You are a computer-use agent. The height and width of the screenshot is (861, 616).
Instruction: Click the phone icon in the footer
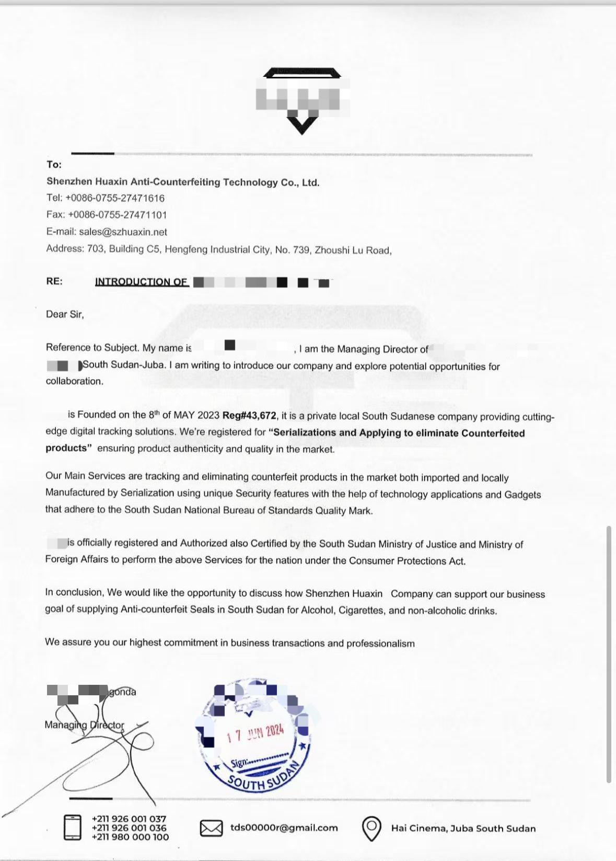(72, 828)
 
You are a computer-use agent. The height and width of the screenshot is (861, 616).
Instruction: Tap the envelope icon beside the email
(211, 828)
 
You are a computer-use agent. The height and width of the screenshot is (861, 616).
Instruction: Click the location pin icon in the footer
(371, 828)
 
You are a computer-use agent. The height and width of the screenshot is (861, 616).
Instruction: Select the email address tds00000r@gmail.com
(284, 828)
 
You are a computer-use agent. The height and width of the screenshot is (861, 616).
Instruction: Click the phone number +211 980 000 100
(130, 837)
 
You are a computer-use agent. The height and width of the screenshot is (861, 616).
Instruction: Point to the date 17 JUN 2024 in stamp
(255, 733)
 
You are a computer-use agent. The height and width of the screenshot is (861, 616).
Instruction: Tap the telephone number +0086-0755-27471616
(115, 198)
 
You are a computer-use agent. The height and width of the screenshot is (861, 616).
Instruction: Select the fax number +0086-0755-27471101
(118, 215)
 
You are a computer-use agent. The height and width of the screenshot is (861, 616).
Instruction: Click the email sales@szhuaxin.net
(123, 232)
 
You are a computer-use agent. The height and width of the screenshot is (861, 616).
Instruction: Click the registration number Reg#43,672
(249, 416)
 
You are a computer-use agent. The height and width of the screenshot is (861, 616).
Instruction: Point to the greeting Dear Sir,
(65, 314)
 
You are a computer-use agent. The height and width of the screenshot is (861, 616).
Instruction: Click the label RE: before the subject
(54, 281)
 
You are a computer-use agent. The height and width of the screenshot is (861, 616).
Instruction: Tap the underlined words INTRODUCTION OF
(141, 282)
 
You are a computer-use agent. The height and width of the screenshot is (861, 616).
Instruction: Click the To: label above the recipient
(54, 165)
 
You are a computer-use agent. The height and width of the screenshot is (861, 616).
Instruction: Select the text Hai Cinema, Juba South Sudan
(463, 828)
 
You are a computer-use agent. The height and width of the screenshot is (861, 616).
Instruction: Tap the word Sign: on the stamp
(239, 763)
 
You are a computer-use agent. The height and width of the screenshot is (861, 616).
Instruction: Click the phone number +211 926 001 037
(129, 819)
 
